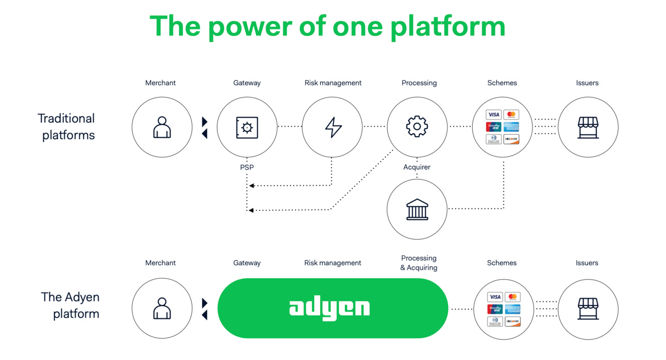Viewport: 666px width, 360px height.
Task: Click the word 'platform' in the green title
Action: click(447, 26)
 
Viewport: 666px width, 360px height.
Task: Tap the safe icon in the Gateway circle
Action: click(247, 127)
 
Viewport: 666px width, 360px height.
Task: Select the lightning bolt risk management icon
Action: click(333, 127)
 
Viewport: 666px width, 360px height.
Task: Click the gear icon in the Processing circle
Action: click(417, 127)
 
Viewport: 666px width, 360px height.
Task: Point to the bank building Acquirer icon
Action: click(417, 209)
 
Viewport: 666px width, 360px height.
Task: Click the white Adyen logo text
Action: click(329, 308)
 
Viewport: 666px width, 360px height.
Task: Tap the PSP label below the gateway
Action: click(247, 167)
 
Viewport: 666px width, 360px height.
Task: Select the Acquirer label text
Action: click(417, 167)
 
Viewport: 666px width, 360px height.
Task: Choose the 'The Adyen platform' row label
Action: click(71, 305)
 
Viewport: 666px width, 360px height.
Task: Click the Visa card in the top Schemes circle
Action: click(493, 114)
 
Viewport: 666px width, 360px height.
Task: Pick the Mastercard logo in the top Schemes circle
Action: click(511, 114)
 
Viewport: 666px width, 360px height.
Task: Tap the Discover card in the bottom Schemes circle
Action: click(512, 321)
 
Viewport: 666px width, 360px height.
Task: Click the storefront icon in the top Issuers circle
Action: click(588, 127)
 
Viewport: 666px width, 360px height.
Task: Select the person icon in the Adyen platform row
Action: click(162, 308)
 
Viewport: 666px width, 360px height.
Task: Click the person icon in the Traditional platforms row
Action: click(162, 127)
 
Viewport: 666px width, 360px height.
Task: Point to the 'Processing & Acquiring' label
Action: click(419, 263)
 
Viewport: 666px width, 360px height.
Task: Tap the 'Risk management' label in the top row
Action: click(333, 83)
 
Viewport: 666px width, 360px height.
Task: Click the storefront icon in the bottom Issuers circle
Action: click(588, 308)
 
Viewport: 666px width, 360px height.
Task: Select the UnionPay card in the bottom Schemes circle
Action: click(495, 309)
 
